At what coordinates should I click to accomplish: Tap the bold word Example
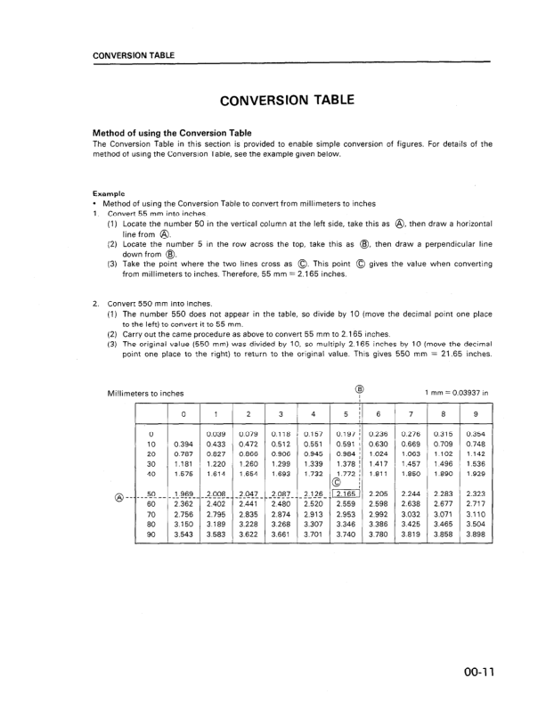109,193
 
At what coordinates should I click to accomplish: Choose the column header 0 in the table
183,414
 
